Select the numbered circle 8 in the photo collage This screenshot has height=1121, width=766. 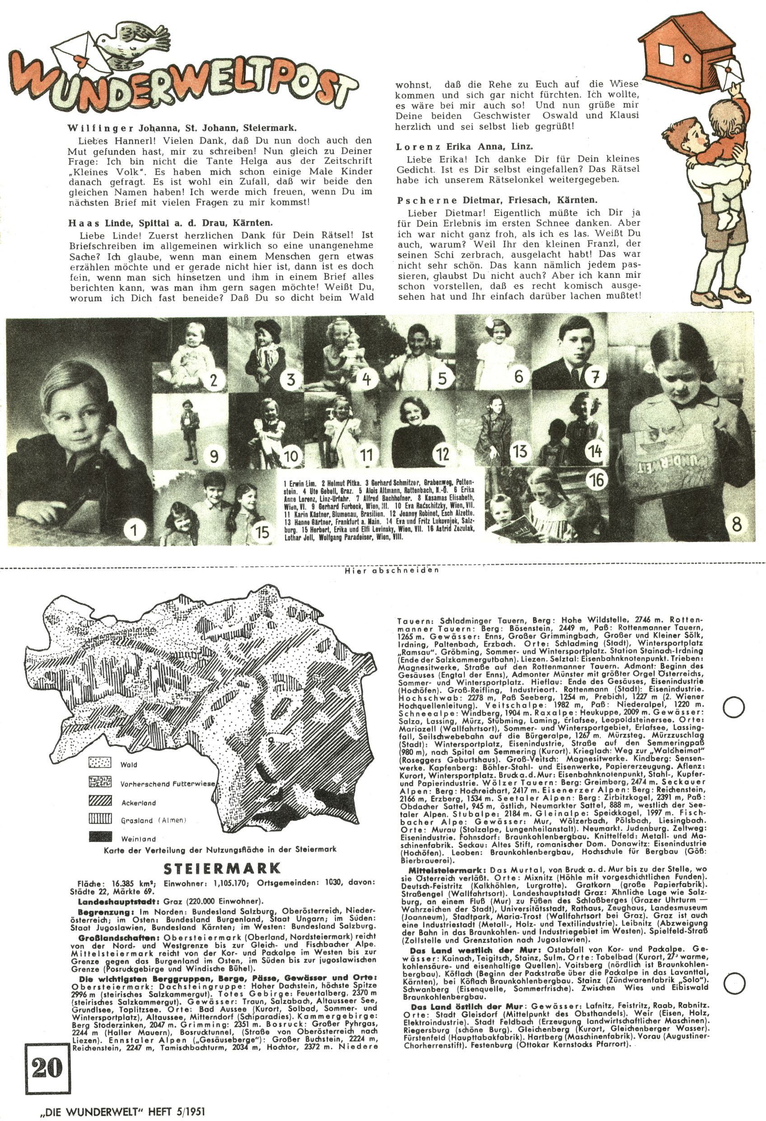pos(736,524)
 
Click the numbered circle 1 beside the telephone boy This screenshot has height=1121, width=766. pos(134,531)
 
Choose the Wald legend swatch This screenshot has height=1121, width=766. pos(100,763)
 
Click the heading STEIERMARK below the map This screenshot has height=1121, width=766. pos(222,868)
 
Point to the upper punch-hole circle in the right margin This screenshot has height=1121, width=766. pos(733,707)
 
